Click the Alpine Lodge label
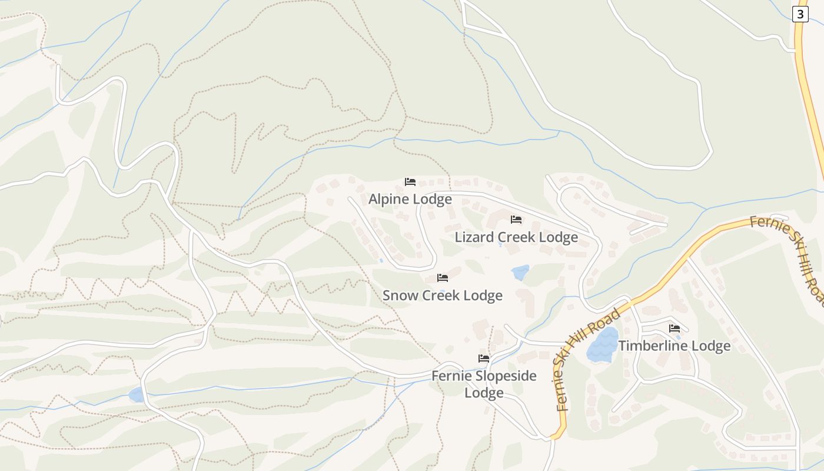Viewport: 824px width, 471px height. (410, 199)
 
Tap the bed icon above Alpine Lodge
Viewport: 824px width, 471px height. (410, 182)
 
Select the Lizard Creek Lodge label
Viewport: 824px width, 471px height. (516, 237)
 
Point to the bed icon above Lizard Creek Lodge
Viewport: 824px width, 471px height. (516, 220)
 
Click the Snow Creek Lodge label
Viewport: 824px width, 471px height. (443, 295)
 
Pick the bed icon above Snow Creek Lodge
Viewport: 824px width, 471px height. (443, 278)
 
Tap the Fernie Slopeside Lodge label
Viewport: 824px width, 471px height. (484, 384)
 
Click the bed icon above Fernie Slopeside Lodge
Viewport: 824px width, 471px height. (484, 358)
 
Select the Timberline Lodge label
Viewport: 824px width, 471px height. (674, 346)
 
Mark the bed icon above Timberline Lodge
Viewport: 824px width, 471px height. (675, 329)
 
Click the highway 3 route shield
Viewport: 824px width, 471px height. (800, 14)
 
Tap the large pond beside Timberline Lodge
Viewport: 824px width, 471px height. (602, 344)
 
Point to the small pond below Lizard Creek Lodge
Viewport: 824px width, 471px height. (520, 273)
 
